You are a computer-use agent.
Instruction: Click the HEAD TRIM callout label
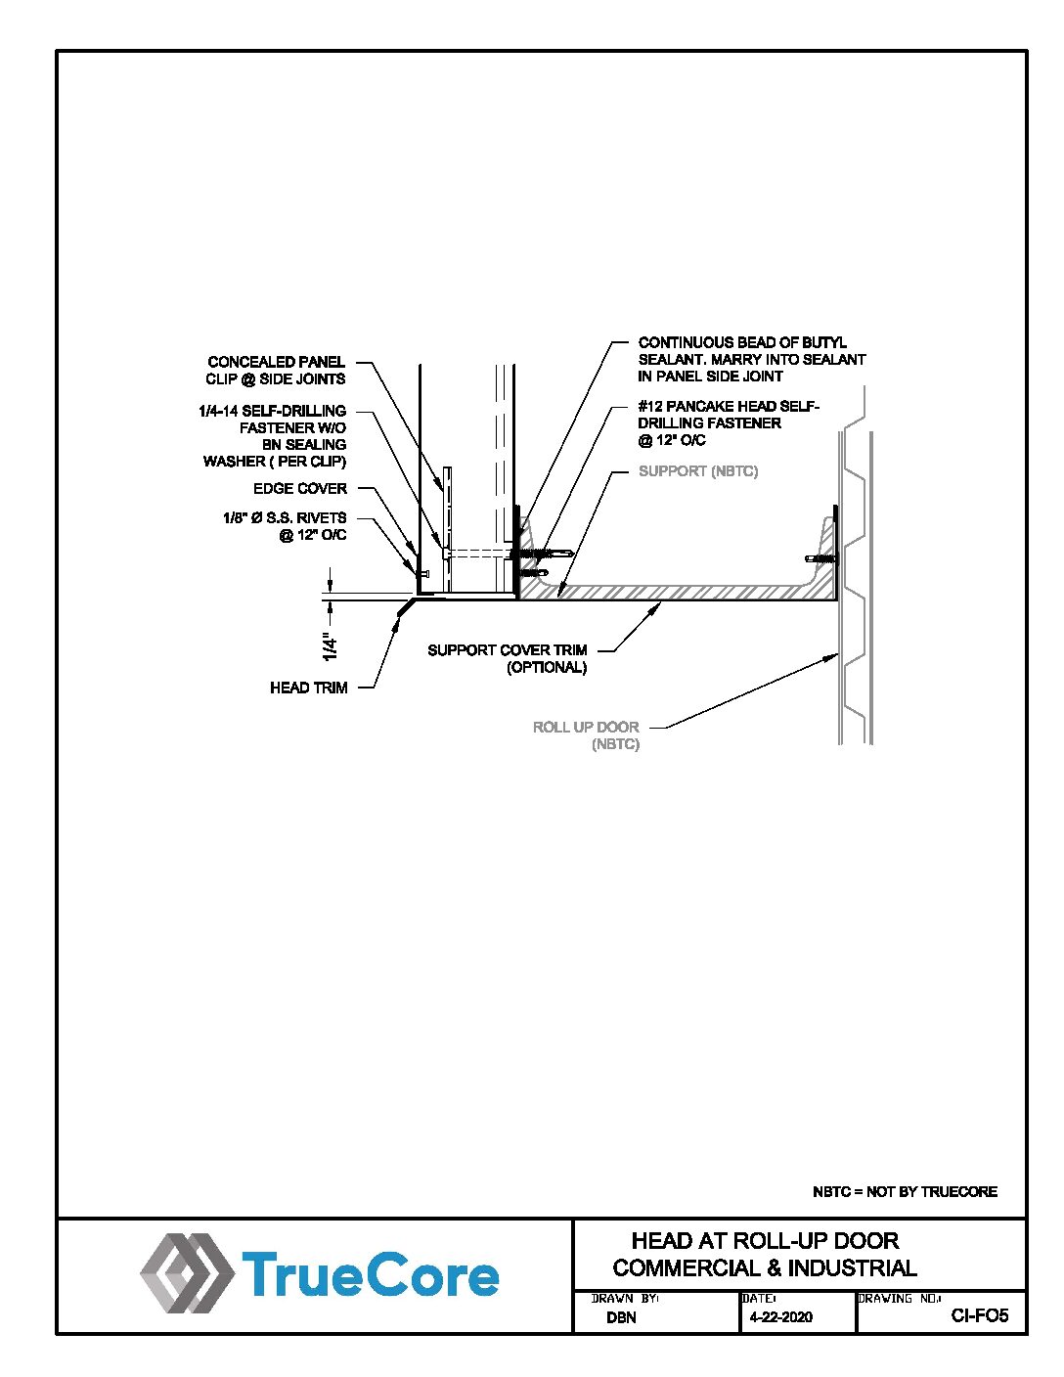308,688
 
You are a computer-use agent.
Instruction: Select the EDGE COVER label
299,488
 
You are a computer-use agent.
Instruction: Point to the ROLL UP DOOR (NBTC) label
586,735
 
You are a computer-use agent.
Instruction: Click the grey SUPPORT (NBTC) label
697,471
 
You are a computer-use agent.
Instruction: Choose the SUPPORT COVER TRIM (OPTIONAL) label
508,658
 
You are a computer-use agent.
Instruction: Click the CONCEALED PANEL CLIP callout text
276,371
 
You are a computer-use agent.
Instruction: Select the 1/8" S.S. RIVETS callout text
285,526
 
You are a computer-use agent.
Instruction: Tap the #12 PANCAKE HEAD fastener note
728,422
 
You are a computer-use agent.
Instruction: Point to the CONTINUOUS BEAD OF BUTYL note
751,359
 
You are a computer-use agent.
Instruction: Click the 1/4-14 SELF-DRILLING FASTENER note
275,435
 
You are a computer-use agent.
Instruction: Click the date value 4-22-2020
780,1316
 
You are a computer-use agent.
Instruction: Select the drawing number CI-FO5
979,1315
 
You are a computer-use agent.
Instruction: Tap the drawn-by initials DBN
621,1317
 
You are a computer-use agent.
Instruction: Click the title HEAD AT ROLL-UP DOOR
765,1241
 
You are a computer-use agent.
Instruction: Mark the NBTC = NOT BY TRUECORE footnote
905,1191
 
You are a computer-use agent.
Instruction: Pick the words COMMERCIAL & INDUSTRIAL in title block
765,1268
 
